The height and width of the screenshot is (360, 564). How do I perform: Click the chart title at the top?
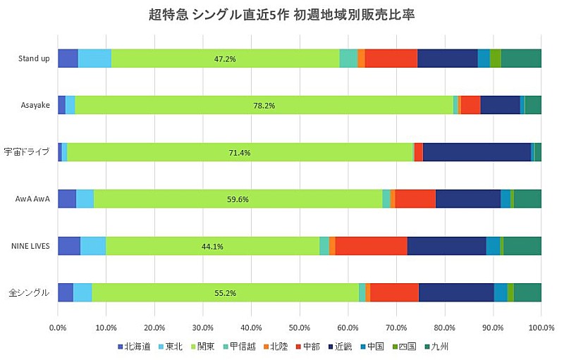282,15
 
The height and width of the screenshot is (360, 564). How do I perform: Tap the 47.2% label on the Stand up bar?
224,58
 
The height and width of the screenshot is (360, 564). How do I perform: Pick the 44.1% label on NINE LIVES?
212,247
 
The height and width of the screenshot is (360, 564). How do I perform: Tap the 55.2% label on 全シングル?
225,293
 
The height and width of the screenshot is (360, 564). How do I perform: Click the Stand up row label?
34,58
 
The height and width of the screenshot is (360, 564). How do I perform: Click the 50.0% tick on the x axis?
300,328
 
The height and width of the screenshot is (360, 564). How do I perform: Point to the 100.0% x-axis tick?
541,328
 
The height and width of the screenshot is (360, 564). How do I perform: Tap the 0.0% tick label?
58,328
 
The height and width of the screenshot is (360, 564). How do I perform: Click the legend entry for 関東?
201,347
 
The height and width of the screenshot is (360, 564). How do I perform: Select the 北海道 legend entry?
133,347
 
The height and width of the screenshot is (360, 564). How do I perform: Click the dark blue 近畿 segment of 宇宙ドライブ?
477,152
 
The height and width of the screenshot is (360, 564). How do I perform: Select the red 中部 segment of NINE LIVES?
371,246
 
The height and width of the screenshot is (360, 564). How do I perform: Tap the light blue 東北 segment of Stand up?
94,58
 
